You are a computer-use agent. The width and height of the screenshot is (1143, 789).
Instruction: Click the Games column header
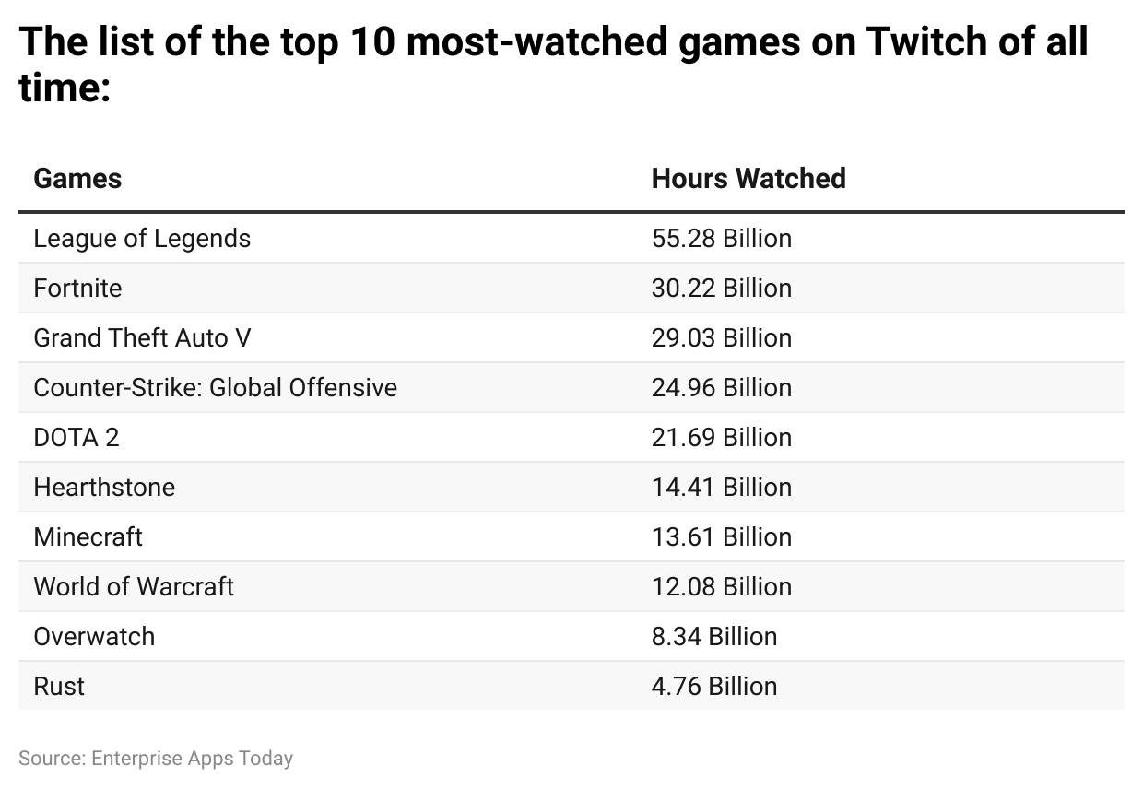77,178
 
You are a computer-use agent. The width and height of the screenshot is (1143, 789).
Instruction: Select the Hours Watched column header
748,178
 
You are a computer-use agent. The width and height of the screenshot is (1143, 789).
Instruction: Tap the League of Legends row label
142,239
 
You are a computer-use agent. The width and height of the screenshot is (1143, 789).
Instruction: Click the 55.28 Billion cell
721,239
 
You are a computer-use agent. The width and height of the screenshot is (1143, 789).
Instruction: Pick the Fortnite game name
77,289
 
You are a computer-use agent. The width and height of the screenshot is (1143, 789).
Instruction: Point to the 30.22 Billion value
721,289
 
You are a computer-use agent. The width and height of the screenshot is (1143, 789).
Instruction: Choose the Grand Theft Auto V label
142,338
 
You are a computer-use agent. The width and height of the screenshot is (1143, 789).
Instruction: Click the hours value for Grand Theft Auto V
721,338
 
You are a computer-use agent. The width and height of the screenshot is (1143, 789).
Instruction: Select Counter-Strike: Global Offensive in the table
215,388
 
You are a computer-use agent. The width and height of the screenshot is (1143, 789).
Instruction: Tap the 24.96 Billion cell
721,388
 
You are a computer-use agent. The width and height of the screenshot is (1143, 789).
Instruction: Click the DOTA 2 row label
77,438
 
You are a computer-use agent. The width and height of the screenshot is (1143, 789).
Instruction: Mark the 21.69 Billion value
721,438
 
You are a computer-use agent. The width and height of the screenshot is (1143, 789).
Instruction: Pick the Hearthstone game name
104,488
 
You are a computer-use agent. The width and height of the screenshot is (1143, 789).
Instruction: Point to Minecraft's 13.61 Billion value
721,537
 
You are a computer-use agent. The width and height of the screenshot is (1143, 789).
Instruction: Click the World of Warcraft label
134,587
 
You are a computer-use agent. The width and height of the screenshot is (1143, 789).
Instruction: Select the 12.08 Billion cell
721,587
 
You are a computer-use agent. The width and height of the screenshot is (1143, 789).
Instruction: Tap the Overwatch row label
94,637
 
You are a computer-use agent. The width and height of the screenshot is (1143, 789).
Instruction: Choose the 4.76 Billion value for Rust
713,687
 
